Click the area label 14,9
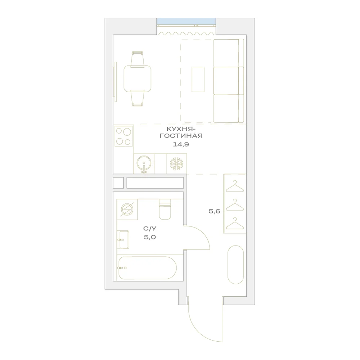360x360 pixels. tap(181, 144)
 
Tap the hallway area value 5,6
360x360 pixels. tap(215, 211)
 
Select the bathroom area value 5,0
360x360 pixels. tap(150, 237)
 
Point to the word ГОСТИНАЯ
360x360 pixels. tap(181, 136)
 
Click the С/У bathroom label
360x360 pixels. tap(150, 229)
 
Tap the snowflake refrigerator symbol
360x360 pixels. tap(176, 164)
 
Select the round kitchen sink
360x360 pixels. tap(144, 163)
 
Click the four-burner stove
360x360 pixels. tap(124, 136)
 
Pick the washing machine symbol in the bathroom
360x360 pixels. tap(127, 210)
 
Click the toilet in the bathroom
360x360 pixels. tap(165, 209)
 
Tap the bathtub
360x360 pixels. tap(148, 268)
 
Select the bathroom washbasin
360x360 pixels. tap(123, 239)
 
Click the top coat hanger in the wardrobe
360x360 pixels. tap(235, 186)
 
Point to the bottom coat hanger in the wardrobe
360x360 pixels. tap(235, 224)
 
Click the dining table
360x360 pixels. tap(138, 78)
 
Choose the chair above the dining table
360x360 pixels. tap(138, 59)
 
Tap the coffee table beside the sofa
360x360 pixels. tap(198, 80)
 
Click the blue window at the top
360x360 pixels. tap(186, 21)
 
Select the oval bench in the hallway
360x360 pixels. tap(235, 265)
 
